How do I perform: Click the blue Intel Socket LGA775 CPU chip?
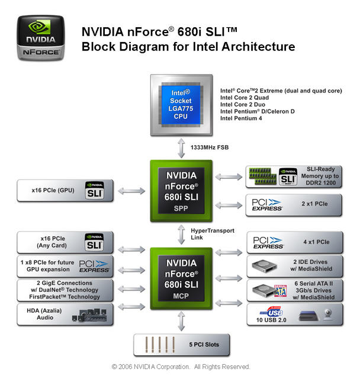(181, 105)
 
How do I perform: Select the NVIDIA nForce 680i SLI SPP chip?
(181, 191)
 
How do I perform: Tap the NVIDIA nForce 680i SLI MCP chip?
(181, 278)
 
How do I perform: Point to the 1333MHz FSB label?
(210, 147)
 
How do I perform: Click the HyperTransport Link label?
(213, 234)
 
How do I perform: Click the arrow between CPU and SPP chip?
(181, 148)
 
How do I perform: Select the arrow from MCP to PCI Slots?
(181, 321)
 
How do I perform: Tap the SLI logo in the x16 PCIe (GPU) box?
(95, 191)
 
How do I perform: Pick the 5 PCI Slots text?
(204, 345)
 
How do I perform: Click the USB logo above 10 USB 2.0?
(272, 311)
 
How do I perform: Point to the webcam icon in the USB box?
(328, 314)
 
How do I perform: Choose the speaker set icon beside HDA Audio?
(89, 315)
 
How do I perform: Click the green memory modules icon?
(263, 176)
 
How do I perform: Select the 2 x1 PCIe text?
(314, 204)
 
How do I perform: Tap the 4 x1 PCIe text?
(316, 242)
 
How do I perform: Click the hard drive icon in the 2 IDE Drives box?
(264, 266)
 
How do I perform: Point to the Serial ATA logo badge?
(280, 291)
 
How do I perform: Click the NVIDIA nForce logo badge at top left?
(41, 38)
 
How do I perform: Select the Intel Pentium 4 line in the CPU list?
(241, 118)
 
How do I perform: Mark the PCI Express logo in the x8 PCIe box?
(94, 266)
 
